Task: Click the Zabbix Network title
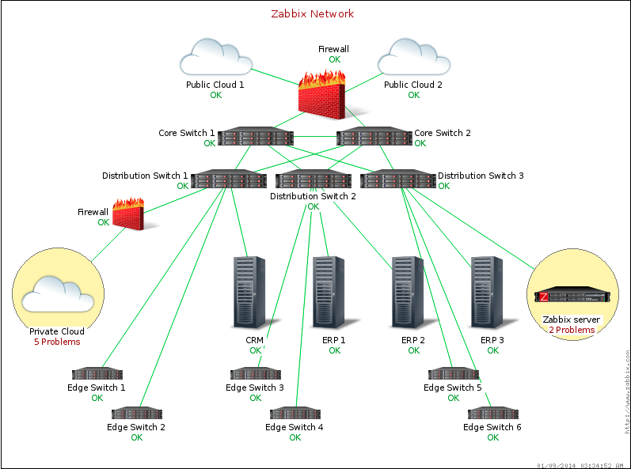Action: pos(312,13)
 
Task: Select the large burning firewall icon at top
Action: pos(323,92)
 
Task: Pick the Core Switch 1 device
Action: pos(256,138)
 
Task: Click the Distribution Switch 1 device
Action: pos(229,180)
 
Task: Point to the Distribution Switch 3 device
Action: pos(397,180)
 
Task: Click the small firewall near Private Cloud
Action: pos(129,214)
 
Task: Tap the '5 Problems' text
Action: pos(57,342)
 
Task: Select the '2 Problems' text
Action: pos(572,330)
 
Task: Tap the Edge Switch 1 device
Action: pos(97,373)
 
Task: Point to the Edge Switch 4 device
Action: pos(295,413)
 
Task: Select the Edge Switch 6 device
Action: pos(492,413)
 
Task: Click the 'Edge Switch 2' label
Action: pos(136,427)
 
